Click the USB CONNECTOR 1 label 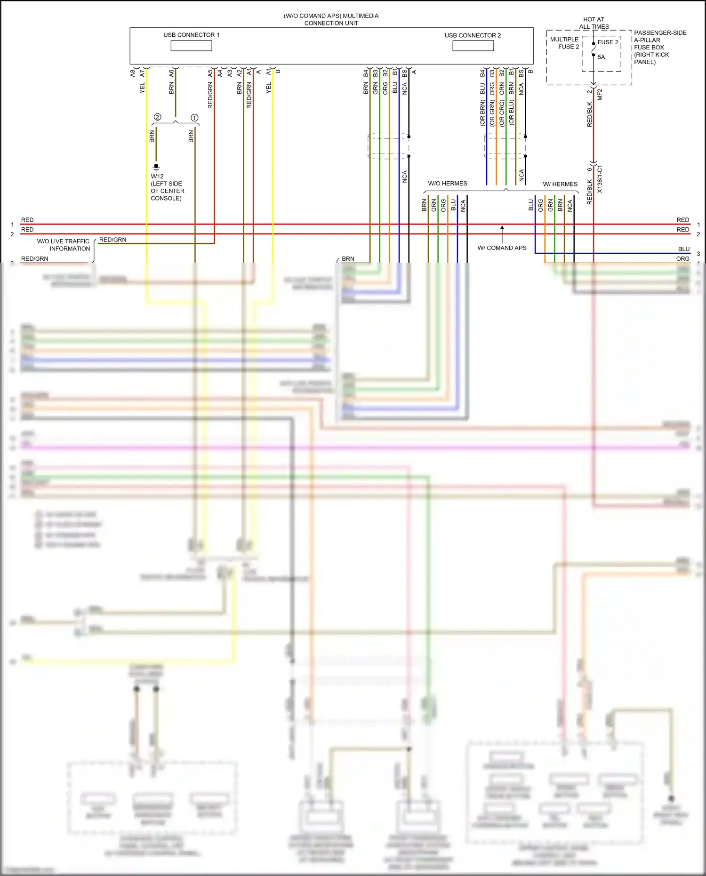191,35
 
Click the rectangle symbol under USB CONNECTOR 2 473,46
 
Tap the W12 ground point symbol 156,167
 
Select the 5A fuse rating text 601,57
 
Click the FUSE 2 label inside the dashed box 608,42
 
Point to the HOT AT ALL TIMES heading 594,23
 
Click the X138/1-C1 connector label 600,179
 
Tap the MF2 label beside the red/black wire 600,95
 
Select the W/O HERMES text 447,184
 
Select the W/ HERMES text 560,184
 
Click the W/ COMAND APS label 502,248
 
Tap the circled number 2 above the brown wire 158,117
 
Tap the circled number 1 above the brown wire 194,118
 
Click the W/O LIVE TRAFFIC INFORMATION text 64,245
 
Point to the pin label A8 133,73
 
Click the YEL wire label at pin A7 142,88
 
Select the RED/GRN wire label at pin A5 210,95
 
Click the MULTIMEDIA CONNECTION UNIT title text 331,19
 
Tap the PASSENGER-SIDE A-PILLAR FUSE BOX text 659,47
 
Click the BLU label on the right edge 683,249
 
